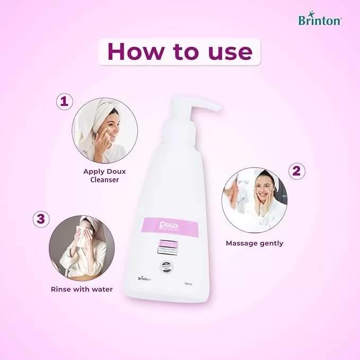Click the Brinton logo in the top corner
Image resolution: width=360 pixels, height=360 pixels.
pos(320,21)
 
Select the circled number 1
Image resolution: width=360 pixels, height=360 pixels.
pos(64,101)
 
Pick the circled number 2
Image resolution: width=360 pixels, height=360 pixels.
pos(296,170)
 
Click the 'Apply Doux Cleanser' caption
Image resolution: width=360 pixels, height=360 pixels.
pos(104,175)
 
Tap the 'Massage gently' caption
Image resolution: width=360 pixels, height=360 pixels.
pos(254,243)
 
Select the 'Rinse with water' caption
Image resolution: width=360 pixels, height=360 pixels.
pos(82,289)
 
